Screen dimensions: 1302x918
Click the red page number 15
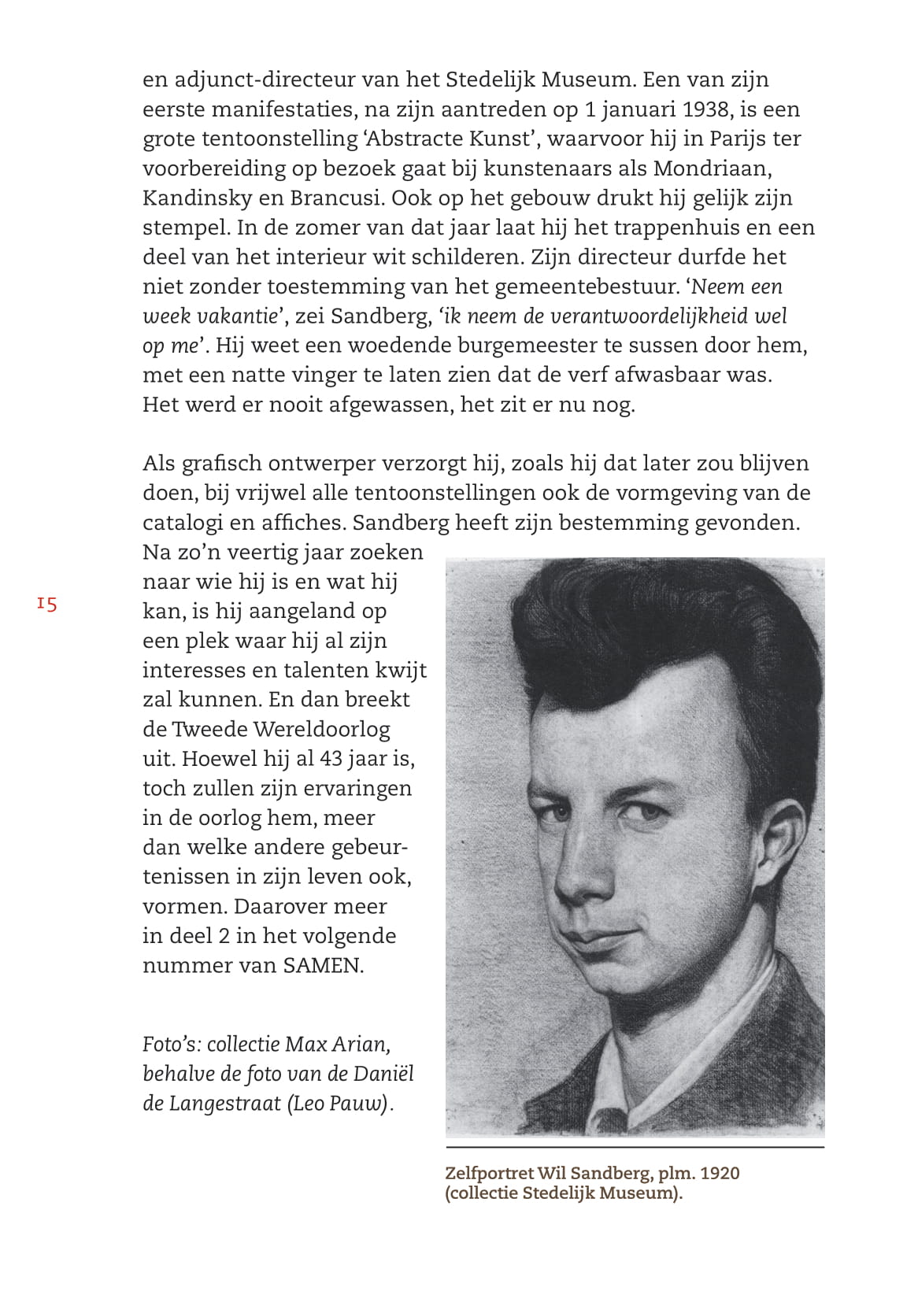[46, 605]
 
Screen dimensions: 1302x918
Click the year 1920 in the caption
[720, 1174]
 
